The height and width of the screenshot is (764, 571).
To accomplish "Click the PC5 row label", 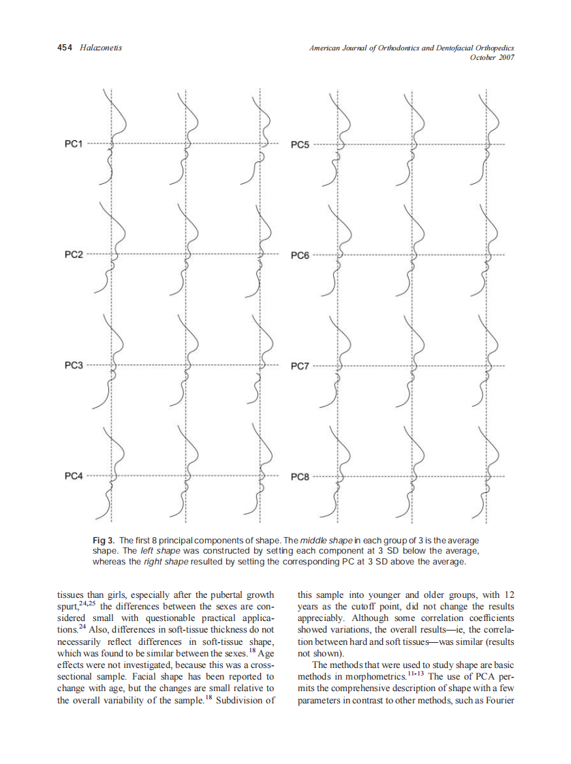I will click(300, 144).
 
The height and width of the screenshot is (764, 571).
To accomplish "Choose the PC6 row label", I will click(300, 255).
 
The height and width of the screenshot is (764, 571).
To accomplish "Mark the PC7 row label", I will click(300, 366).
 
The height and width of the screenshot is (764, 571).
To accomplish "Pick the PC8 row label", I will click(300, 477).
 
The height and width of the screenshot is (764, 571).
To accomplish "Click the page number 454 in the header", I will click(64, 48).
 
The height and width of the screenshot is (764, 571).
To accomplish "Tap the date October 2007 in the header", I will click(492, 57).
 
